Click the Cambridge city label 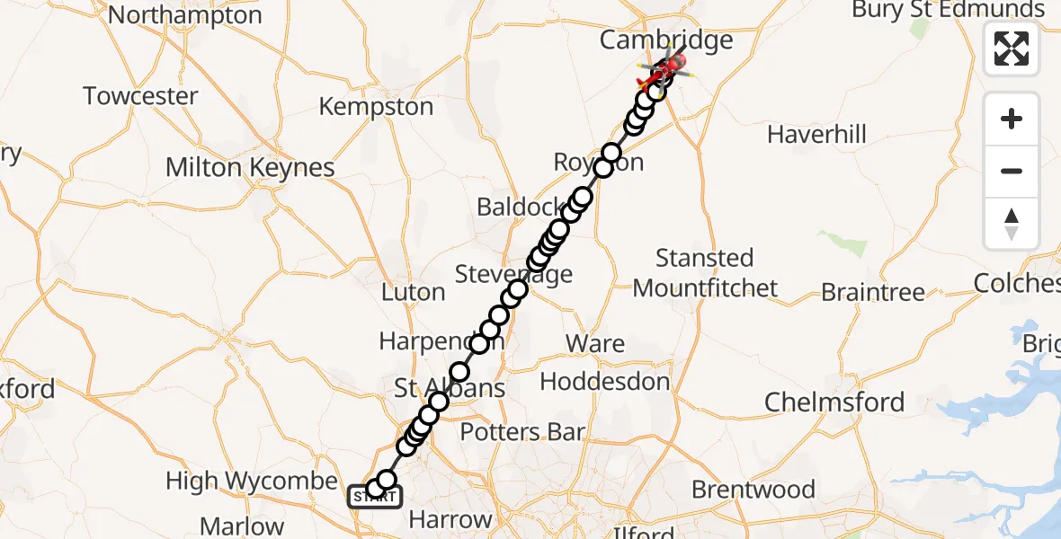[x=666, y=40]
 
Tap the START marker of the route [x=374, y=496]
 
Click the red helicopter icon [x=669, y=65]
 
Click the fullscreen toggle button [x=1012, y=49]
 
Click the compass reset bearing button [x=1012, y=224]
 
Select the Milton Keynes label [x=250, y=168]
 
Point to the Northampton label [x=184, y=15]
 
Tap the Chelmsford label [x=834, y=402]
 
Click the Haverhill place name [x=816, y=135]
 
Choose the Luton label [x=413, y=292]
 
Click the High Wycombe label [x=252, y=482]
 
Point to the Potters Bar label [x=522, y=432]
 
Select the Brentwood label [x=753, y=490]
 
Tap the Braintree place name [x=872, y=292]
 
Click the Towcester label [x=140, y=96]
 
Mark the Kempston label [x=376, y=107]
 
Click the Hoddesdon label [x=605, y=382]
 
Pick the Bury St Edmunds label [x=949, y=10]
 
